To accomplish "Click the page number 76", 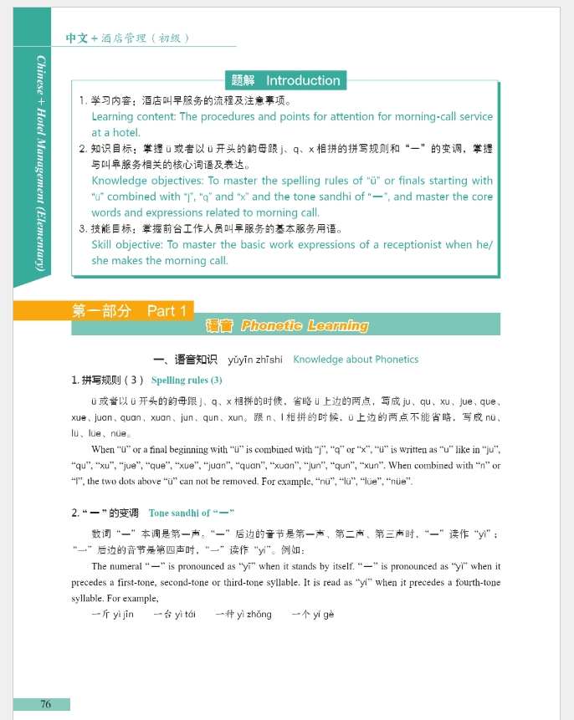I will pyautogui.click(x=45, y=704).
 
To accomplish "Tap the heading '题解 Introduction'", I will pyautogui.click(x=286, y=80).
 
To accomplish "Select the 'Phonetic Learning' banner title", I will pyautogui.click(x=305, y=325).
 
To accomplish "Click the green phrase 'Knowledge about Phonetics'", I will pyautogui.click(x=356, y=360).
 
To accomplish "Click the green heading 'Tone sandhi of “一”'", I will pyautogui.click(x=192, y=513).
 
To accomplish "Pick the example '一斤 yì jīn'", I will pyautogui.click(x=111, y=615).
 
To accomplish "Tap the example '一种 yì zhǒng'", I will pyautogui.click(x=243, y=615).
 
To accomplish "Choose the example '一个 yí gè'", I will pyautogui.click(x=312, y=615).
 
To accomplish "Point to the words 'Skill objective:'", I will pyautogui.click(x=127, y=245).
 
